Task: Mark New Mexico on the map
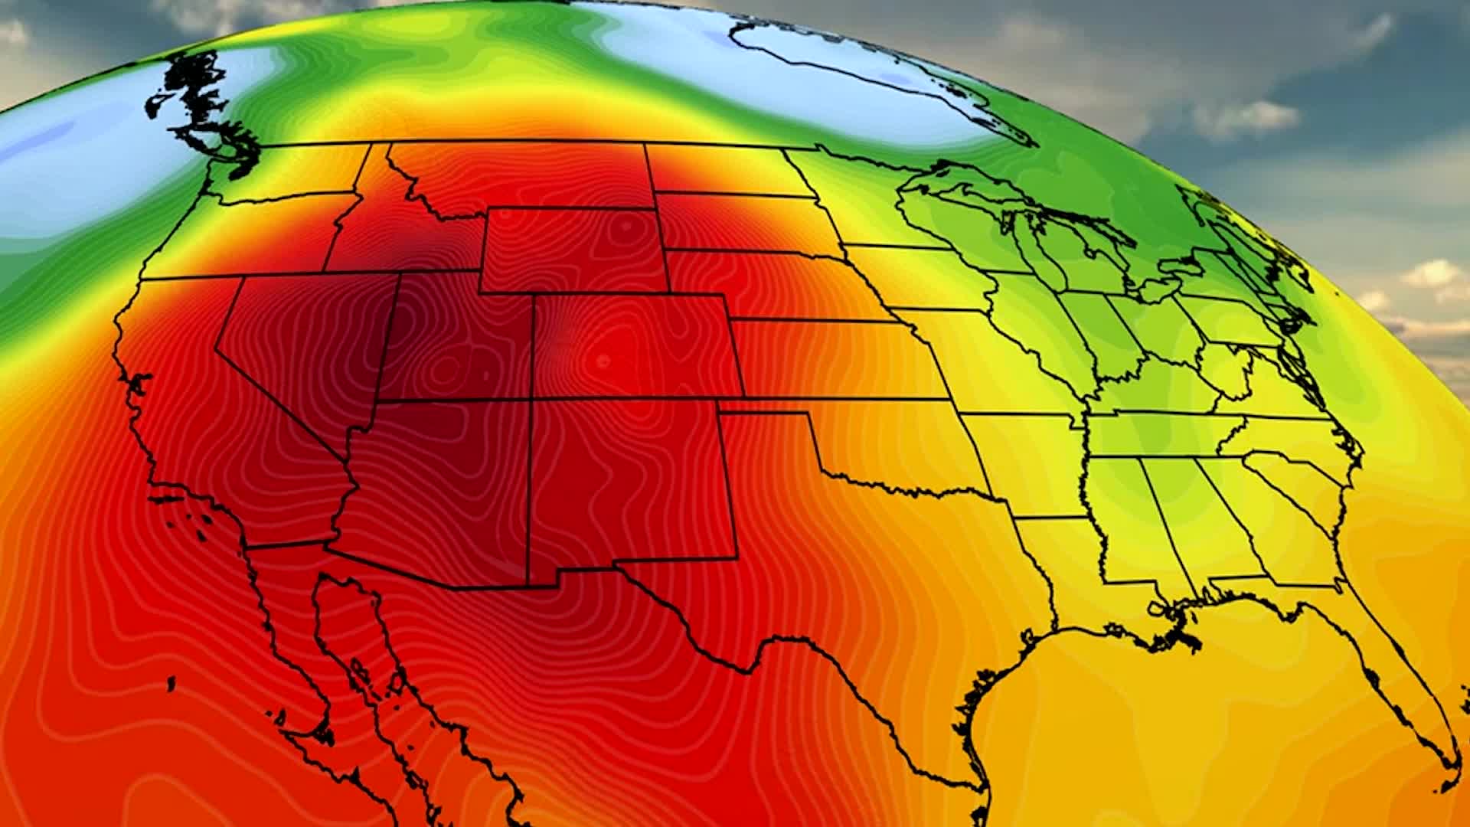pyautogui.click(x=628, y=482)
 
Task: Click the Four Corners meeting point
pyautogui.click(x=531, y=400)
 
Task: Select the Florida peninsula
pyautogui.click(x=1409, y=689)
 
